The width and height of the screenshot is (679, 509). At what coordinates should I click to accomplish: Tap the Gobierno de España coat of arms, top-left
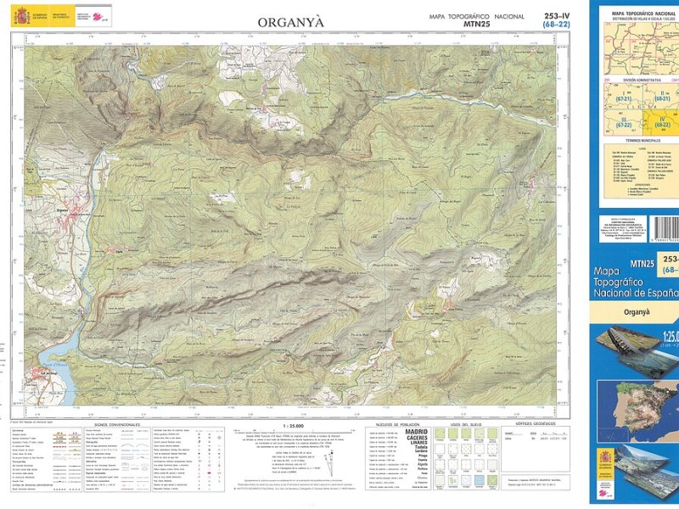coord(19,14)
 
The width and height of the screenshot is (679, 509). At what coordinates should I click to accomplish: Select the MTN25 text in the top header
coord(477,25)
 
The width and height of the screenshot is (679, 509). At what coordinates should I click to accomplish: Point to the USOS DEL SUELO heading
coord(466,423)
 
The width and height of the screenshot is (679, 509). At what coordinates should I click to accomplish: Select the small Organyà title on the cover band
coord(637,311)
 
